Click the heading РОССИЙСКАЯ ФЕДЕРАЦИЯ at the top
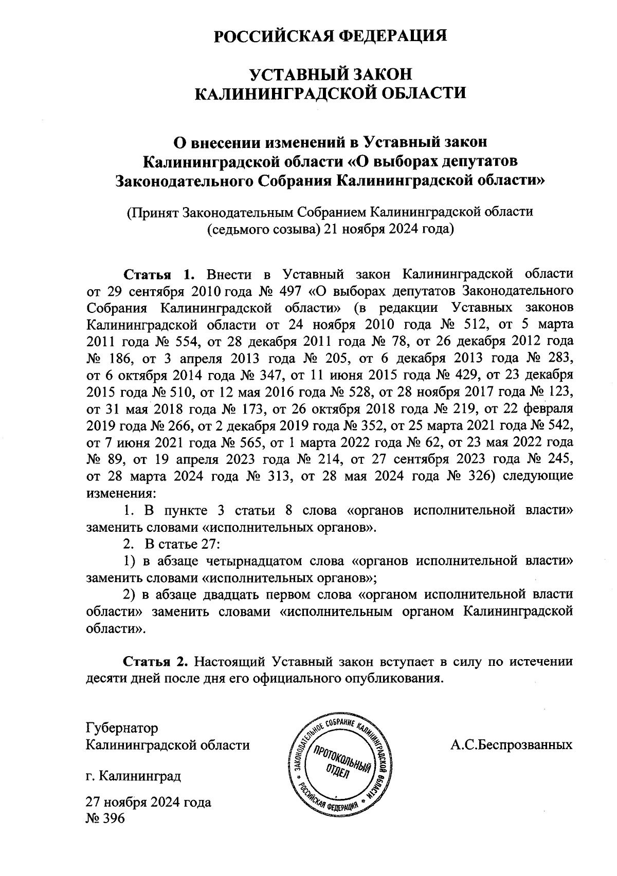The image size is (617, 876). pyautogui.click(x=331, y=36)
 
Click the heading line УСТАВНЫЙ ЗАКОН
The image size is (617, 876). pyautogui.click(x=331, y=74)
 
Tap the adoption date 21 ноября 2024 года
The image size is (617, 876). pyautogui.click(x=387, y=229)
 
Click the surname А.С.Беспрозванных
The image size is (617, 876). pyautogui.click(x=511, y=744)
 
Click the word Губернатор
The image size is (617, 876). pyautogui.click(x=122, y=728)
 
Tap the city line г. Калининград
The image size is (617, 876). pyautogui.click(x=134, y=775)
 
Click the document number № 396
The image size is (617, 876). pyautogui.click(x=106, y=818)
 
